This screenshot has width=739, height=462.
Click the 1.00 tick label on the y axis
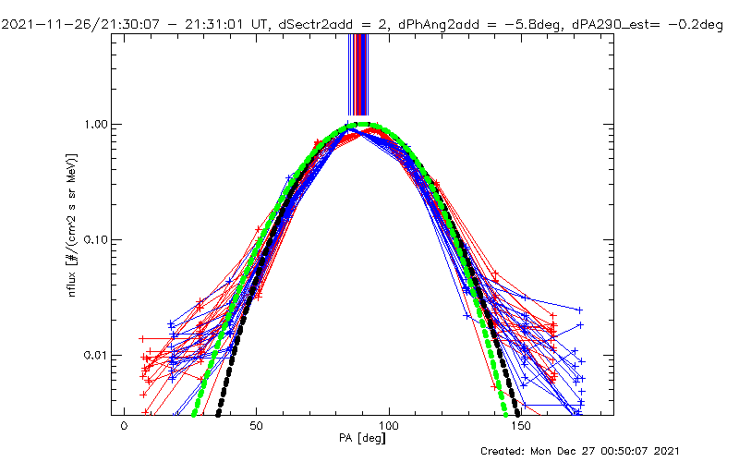pos(99,124)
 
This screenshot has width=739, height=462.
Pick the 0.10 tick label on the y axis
pos(99,239)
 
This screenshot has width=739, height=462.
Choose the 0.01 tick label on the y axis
pos(99,355)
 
